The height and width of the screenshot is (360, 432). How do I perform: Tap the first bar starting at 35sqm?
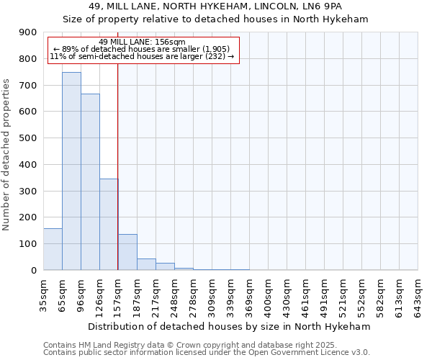point(53,249)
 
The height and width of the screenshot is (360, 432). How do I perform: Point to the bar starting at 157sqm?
point(127,252)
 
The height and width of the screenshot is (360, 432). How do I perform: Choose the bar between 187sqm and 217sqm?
point(146,264)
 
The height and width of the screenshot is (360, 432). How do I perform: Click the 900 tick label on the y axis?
point(28,32)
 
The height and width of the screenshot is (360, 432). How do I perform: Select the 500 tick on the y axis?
point(28,138)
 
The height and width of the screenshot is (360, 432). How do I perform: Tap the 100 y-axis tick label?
point(28,244)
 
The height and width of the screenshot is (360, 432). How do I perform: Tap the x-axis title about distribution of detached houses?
point(230,326)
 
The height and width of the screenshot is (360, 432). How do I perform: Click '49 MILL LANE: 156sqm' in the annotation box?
point(142,42)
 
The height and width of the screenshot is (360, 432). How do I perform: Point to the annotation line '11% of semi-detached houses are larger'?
point(142,56)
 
